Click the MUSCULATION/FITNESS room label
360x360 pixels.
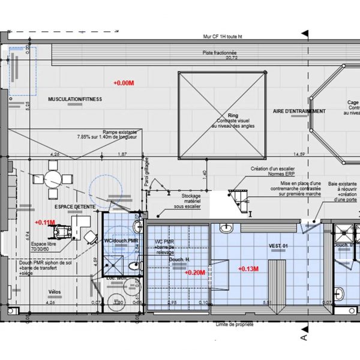click(x=75, y=98)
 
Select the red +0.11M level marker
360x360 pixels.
click(x=45, y=222)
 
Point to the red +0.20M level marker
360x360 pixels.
click(x=195, y=272)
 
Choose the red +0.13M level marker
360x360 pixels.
click(x=248, y=268)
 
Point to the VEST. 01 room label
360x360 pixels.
click(x=278, y=247)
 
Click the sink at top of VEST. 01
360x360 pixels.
click(x=226, y=228)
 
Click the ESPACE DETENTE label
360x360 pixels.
click(x=71, y=206)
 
